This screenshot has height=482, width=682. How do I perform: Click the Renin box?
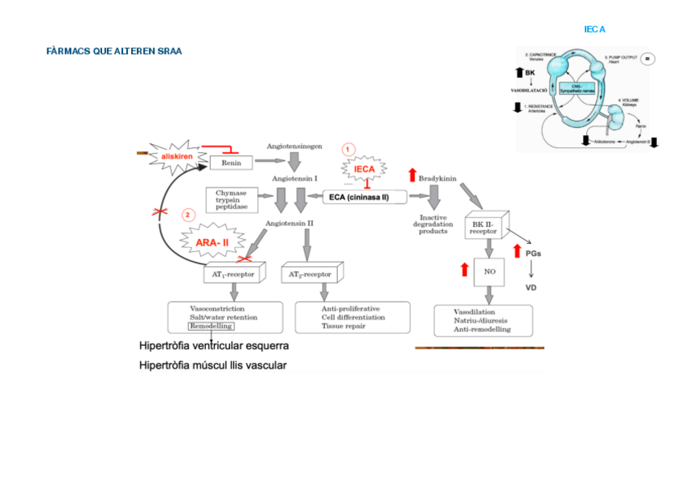pyautogui.click(x=231, y=163)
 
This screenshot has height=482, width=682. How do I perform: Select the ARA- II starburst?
pyautogui.click(x=213, y=241)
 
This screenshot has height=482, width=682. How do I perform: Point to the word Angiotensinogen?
pyautogui.click(x=294, y=146)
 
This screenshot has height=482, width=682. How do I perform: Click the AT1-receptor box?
pyautogui.click(x=233, y=274)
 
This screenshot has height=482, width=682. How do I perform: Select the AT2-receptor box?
pyautogui.click(x=310, y=274)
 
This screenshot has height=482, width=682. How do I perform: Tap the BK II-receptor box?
pyautogui.click(x=484, y=226)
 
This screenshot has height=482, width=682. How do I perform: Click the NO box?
pyautogui.click(x=489, y=271)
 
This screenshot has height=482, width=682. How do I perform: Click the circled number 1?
pyautogui.click(x=348, y=150)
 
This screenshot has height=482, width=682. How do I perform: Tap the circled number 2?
pyautogui.click(x=188, y=215)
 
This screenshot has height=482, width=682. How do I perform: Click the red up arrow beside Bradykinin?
pyautogui.click(x=412, y=175)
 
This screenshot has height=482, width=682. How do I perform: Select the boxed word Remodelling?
pyautogui.click(x=212, y=326)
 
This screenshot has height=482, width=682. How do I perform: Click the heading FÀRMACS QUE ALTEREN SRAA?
pyautogui.click(x=114, y=51)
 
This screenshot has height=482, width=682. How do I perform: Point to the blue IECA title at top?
pyautogui.click(x=594, y=29)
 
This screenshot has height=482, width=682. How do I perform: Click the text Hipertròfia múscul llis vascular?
pyautogui.click(x=213, y=365)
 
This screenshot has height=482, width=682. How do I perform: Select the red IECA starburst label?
pyautogui.click(x=364, y=170)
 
